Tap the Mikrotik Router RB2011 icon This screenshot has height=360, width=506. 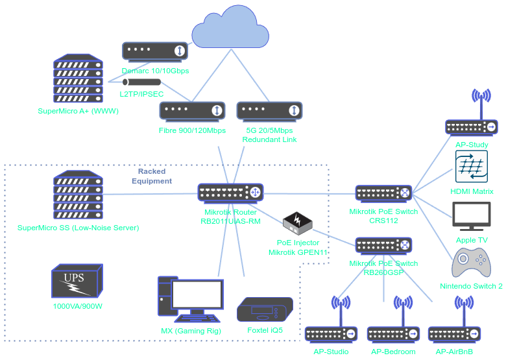[x=230, y=193]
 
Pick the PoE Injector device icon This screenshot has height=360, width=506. [x=298, y=222]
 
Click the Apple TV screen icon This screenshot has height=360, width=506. [x=472, y=216]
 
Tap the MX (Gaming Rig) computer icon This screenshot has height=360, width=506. [x=191, y=299]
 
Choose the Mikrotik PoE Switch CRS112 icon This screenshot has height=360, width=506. [x=384, y=193]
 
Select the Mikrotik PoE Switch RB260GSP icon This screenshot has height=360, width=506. [x=384, y=245]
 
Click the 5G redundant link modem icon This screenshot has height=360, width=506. [x=269, y=111]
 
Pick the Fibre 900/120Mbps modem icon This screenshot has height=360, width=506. [x=192, y=111]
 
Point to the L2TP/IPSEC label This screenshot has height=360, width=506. [x=141, y=94]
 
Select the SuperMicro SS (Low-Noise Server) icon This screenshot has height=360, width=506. [x=78, y=194]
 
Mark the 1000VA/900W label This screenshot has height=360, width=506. [x=77, y=306]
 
